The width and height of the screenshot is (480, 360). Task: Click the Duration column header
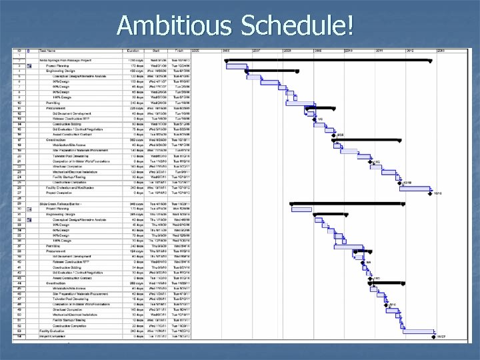point(133,50)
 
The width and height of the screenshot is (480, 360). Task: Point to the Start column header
point(155,50)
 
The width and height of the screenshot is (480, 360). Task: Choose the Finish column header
point(179,50)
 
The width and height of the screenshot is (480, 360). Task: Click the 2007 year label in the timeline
point(257,50)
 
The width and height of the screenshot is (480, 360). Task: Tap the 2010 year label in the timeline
point(349,50)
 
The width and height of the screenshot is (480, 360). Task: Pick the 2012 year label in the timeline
point(410,50)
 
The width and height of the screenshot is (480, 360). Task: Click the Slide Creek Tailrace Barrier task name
point(61,203)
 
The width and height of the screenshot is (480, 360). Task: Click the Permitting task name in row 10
point(54,103)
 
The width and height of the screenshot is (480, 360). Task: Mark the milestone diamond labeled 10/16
point(431,193)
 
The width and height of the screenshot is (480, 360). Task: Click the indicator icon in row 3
point(29,65)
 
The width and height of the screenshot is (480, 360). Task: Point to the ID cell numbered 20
point(21,155)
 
